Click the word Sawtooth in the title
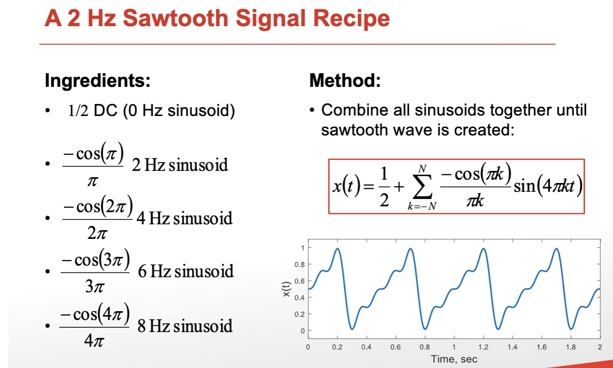tap(176, 18)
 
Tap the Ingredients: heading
tap(98, 81)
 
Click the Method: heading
tap(345, 81)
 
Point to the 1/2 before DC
tap(78, 111)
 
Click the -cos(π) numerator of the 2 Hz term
tap(93, 153)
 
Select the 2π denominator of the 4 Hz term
tap(97, 233)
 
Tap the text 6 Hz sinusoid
tap(186, 271)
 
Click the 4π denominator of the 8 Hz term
tap(94, 341)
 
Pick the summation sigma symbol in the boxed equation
tap(423, 186)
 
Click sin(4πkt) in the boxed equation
tap(548, 186)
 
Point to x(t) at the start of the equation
tap(346, 186)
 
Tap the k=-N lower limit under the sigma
tap(422, 206)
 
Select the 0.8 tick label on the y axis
tap(299, 265)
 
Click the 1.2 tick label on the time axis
tap(483, 347)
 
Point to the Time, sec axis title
tap(454, 359)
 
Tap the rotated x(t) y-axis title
tap(286, 289)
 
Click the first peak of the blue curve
tap(338, 249)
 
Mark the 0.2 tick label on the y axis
tap(299, 314)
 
